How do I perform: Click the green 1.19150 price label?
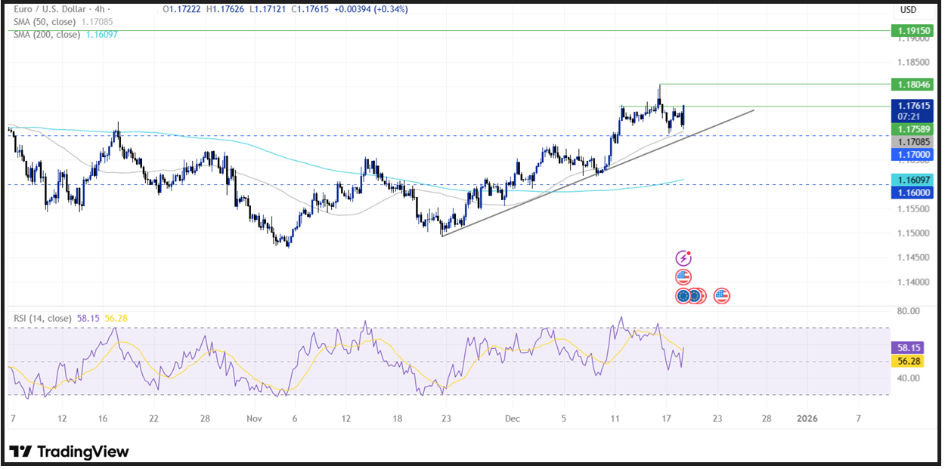point(912,31)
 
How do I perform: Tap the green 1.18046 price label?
point(912,85)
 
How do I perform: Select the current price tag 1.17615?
point(912,106)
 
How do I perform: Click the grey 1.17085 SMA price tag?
point(912,142)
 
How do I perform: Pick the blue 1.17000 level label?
point(912,153)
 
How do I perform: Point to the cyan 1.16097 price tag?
point(912,180)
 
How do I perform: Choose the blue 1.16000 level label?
point(912,193)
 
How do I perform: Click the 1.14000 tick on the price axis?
point(912,282)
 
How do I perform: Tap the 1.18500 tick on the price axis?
point(912,62)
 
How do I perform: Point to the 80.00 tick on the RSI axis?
point(908,310)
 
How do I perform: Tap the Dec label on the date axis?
point(513,418)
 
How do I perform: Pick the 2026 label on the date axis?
point(807,418)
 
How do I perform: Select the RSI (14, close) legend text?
point(43,318)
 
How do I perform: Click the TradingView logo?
point(70,452)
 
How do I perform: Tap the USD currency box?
point(908,10)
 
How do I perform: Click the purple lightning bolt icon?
point(684,258)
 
